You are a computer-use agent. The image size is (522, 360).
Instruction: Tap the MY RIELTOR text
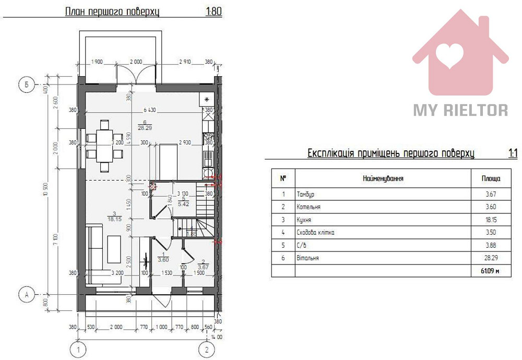click(460, 110)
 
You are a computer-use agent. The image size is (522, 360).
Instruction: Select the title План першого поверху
click(112, 11)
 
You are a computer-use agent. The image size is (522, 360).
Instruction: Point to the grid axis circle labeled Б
click(25, 84)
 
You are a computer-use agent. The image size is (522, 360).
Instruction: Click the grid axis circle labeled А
click(25, 295)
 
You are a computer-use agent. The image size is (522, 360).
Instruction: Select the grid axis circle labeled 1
click(78, 349)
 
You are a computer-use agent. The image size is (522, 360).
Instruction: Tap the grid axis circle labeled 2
click(207, 349)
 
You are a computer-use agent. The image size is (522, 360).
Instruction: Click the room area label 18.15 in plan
click(114, 220)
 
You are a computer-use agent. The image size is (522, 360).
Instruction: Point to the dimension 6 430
click(152, 110)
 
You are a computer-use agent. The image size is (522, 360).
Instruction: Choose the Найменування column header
click(383, 178)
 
